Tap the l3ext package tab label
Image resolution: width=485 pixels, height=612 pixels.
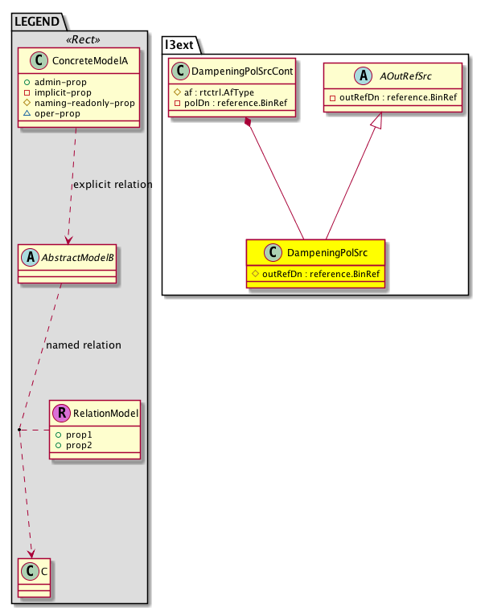click(x=182, y=42)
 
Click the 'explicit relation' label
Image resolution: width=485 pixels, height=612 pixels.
click(x=112, y=185)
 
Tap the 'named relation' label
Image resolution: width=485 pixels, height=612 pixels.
click(x=84, y=345)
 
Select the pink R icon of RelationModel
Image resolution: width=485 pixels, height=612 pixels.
click(x=62, y=414)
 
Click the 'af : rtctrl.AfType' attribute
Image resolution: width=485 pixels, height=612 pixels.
click(x=219, y=92)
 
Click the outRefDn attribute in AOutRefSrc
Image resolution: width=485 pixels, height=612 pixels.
click(x=394, y=98)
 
